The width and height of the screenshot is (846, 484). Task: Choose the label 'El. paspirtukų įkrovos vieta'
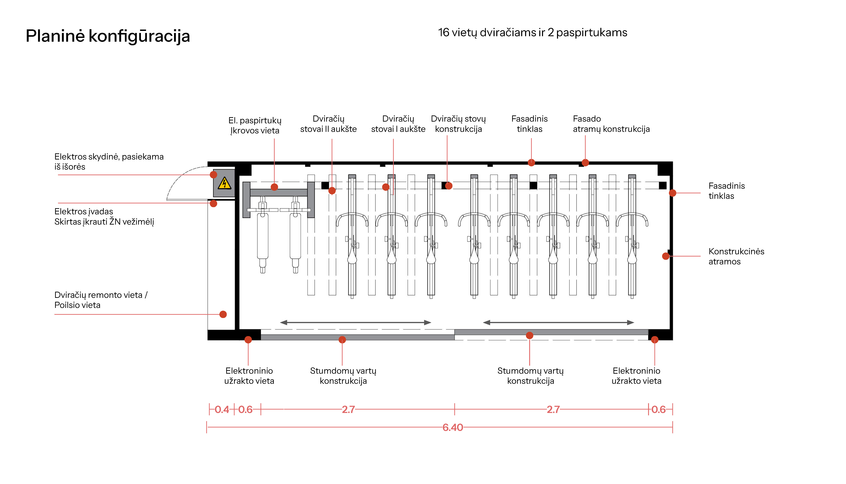coord(255,125)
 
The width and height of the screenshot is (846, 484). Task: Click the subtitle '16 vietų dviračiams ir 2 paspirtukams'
coord(532,33)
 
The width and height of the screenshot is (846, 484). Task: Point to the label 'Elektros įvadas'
coord(84,211)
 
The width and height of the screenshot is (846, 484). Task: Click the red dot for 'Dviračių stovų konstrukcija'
coord(449,186)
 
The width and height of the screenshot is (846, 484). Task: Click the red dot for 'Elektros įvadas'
coord(213,203)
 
